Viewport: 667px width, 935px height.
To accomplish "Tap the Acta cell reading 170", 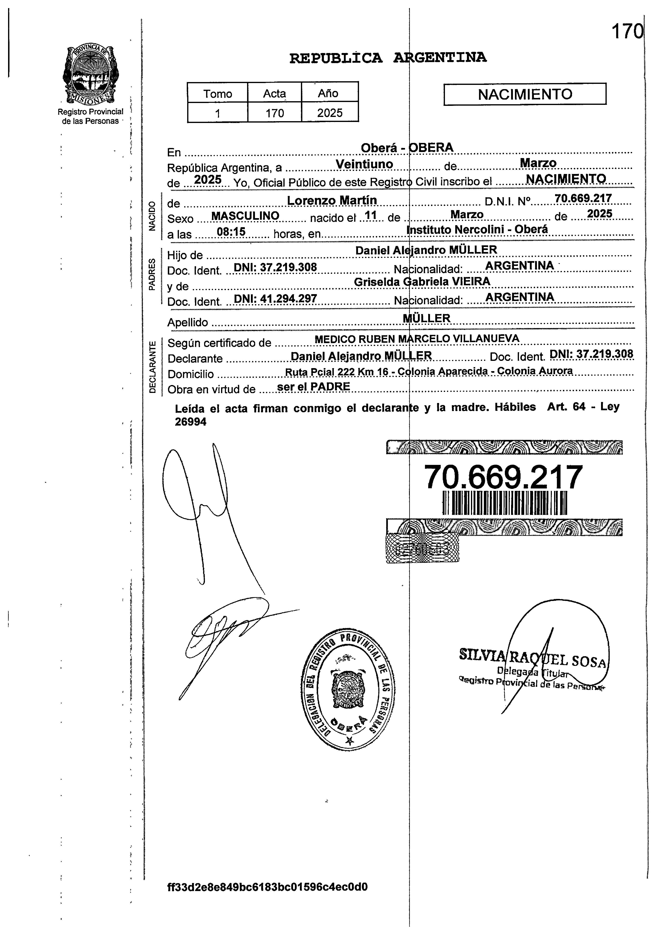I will pyautogui.click(x=274, y=113).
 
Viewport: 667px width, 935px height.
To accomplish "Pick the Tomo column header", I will pyautogui.click(x=218, y=94).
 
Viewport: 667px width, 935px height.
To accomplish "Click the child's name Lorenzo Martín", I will pyautogui.click(x=332, y=200).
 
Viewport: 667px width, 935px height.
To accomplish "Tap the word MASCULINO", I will pyautogui.click(x=245, y=216).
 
